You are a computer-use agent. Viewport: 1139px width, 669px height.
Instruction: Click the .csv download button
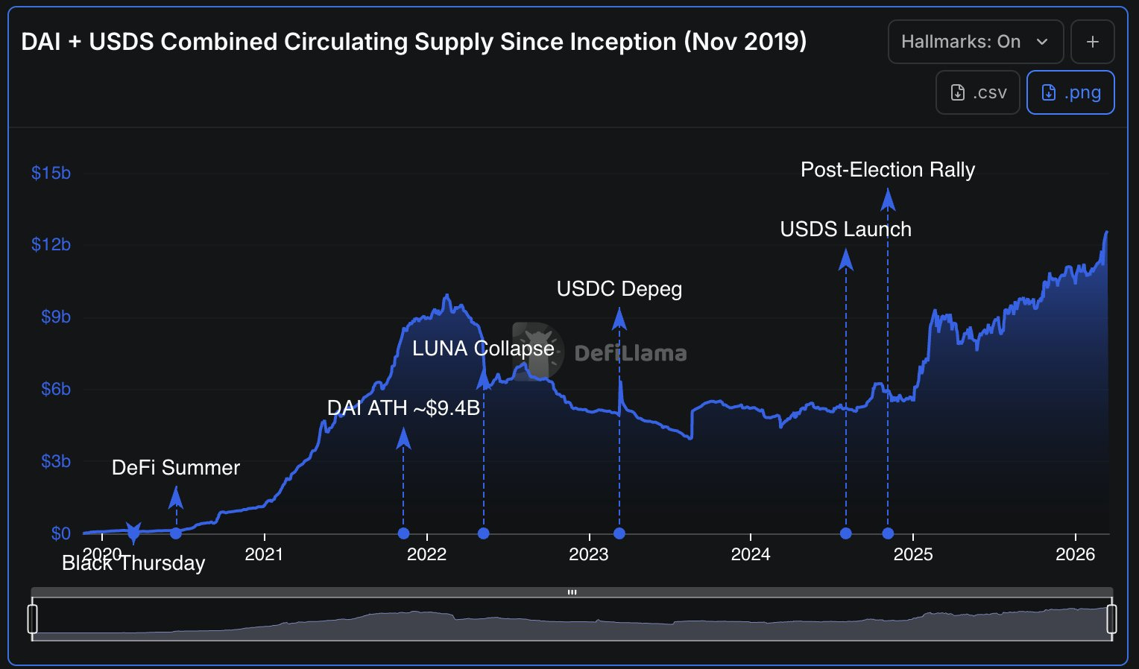click(977, 92)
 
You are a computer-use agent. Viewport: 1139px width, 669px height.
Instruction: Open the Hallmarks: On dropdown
click(975, 42)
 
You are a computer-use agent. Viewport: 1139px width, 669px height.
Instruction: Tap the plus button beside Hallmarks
click(1092, 42)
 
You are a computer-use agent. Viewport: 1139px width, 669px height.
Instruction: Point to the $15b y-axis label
click(51, 173)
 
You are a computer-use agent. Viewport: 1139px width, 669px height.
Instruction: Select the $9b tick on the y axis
click(55, 317)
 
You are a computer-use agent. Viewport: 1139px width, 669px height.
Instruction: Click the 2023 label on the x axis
click(588, 554)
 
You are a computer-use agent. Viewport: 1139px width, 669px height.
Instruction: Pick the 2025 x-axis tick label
click(912, 554)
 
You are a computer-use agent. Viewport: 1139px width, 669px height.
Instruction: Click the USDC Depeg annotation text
click(619, 289)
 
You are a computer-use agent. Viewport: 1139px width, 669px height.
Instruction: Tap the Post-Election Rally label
click(888, 170)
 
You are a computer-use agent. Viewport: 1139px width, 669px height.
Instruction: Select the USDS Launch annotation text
click(845, 229)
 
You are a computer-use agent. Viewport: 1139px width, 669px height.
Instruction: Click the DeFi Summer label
click(175, 468)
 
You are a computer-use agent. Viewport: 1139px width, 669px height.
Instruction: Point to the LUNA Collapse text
click(483, 349)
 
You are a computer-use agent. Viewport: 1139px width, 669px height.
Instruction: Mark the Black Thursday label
click(133, 563)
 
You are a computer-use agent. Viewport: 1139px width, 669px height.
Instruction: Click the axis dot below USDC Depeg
click(619, 533)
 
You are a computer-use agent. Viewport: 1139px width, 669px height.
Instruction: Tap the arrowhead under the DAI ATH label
click(403, 438)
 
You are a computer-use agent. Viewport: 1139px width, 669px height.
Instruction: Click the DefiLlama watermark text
click(631, 353)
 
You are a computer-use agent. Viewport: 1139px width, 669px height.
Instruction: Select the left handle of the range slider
click(33, 618)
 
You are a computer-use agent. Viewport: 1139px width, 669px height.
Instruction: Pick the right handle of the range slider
click(1111, 618)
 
